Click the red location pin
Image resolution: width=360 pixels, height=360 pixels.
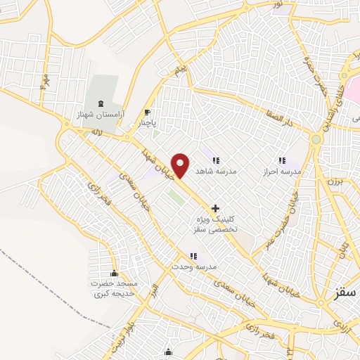(x=181, y=165)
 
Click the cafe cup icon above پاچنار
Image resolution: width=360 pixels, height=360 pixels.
(x=147, y=112)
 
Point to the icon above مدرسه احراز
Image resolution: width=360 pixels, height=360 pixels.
(x=282, y=160)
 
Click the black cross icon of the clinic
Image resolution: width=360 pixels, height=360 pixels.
(x=215, y=208)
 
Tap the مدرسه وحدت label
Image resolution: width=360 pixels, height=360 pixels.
(x=193, y=267)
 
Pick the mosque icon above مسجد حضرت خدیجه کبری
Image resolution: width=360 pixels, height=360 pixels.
(x=114, y=274)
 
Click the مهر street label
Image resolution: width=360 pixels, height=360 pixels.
(x=44, y=79)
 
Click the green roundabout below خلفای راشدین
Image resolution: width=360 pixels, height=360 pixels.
(x=316, y=139)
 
